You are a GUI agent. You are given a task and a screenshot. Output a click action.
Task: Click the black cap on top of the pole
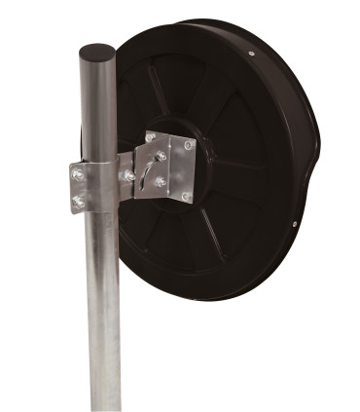[97, 51]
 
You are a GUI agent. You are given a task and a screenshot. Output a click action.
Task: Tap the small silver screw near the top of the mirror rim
[251, 54]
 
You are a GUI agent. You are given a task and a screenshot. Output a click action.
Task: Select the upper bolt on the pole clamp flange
[78, 174]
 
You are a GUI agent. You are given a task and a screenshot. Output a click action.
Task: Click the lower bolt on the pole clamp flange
[78, 202]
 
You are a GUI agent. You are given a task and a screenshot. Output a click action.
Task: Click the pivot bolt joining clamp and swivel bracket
[127, 175]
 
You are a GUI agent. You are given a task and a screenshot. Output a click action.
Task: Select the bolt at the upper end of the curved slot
[161, 155]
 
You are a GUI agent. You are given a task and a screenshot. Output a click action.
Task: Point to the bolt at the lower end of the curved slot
[161, 182]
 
